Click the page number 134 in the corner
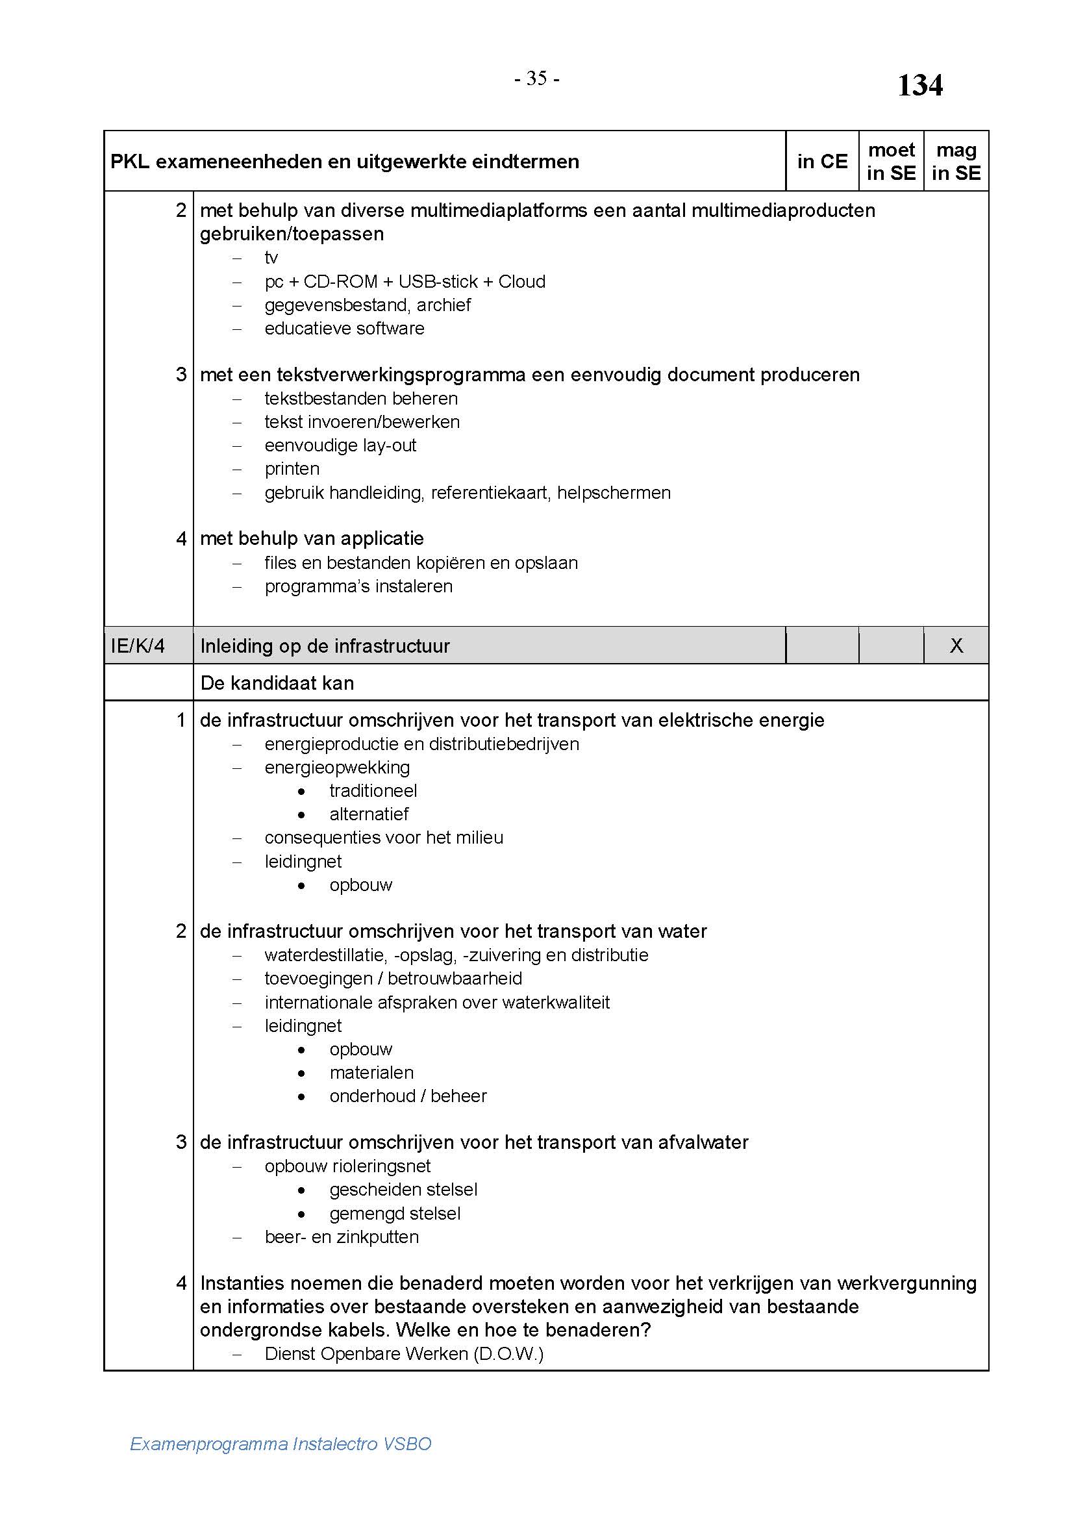coord(919,85)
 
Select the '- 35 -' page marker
coord(536,79)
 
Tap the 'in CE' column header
coord(822,162)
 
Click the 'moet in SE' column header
coord(891,162)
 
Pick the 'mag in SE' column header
coord(956,162)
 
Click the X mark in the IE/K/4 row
coord(956,646)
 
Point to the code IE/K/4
coord(138,646)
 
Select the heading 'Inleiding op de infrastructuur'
coord(325,646)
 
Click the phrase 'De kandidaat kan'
coord(277,683)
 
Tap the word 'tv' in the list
coord(271,257)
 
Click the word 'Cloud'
coord(522,281)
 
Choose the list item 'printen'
coord(292,468)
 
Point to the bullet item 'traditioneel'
coord(373,790)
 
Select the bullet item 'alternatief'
coord(369,814)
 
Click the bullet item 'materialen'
coord(371,1072)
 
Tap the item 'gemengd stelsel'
coord(395,1213)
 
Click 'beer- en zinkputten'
coord(342,1237)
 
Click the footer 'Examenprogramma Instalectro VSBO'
coord(281,1444)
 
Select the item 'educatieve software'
coord(344,328)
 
